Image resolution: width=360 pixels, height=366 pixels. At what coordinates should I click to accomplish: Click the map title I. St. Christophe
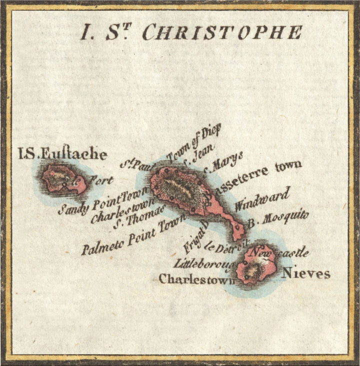pos(191,32)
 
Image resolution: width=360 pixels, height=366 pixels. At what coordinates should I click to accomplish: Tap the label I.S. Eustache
pos(62,153)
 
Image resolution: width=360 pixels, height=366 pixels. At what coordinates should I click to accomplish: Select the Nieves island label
pos(306,273)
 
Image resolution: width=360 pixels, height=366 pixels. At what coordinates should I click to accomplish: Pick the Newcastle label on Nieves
pos(280,252)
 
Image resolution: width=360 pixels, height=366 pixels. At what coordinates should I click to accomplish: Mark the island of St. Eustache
pos(63,180)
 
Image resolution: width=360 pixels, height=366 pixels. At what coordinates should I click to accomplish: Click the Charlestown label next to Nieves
pos(196,279)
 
